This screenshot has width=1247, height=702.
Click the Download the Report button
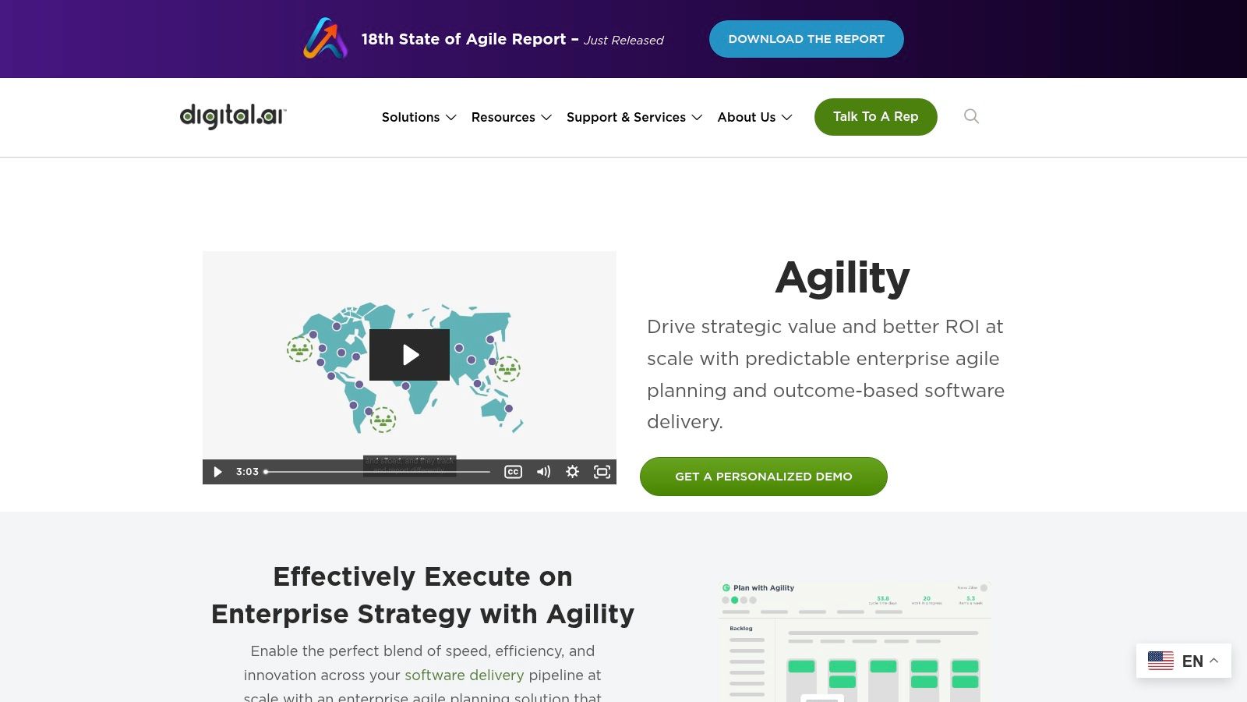806,39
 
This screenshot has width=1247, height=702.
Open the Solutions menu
419,117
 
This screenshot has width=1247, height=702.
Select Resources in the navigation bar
511,117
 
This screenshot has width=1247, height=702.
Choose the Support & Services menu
634,117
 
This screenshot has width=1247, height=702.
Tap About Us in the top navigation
754,117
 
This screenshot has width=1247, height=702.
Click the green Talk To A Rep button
875,117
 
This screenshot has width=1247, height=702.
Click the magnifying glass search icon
971,116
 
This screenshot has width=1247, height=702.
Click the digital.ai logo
233,116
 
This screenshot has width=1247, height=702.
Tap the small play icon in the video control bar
217,472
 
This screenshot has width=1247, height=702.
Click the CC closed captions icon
513,472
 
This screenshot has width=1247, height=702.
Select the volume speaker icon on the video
543,472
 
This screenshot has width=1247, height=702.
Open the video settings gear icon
572,472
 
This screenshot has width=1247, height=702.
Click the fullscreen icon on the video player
602,472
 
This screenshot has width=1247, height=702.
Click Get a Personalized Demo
763,477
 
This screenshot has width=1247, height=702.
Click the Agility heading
842,278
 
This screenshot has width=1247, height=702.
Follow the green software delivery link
464,675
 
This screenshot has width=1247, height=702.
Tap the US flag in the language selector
1160,661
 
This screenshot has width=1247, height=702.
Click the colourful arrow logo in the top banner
325,38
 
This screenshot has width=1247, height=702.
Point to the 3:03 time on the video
247,472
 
